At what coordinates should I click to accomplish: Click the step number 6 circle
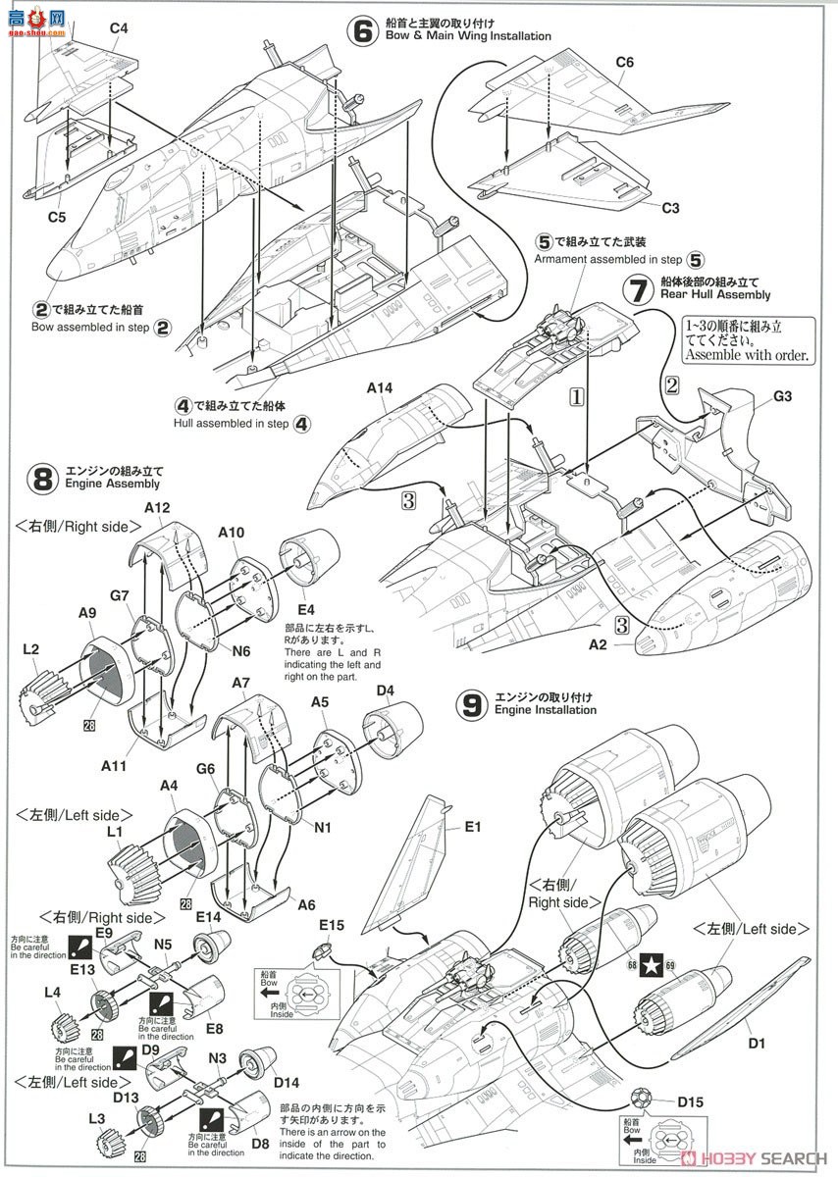pyautogui.click(x=363, y=30)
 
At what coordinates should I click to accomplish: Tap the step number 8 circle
pyautogui.click(x=41, y=478)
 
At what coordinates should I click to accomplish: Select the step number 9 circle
pyautogui.click(x=473, y=703)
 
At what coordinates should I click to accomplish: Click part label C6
pyautogui.click(x=625, y=62)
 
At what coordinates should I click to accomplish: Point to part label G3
pyautogui.click(x=781, y=397)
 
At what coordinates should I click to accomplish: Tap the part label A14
pyautogui.click(x=379, y=388)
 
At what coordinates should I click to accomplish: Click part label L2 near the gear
pyautogui.click(x=30, y=649)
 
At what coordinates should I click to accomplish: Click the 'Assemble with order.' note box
pyautogui.click(x=747, y=339)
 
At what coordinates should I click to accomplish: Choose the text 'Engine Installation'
pyautogui.click(x=545, y=709)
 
